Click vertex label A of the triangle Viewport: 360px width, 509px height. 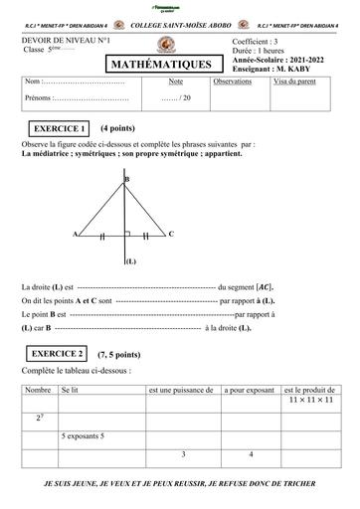coord(76,235)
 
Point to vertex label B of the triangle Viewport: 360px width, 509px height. coord(126,178)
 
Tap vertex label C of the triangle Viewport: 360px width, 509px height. coord(170,234)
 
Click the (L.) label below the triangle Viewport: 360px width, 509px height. coord(130,262)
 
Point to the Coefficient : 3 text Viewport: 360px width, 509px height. coord(257,42)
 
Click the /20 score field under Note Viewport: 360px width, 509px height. coord(175,99)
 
